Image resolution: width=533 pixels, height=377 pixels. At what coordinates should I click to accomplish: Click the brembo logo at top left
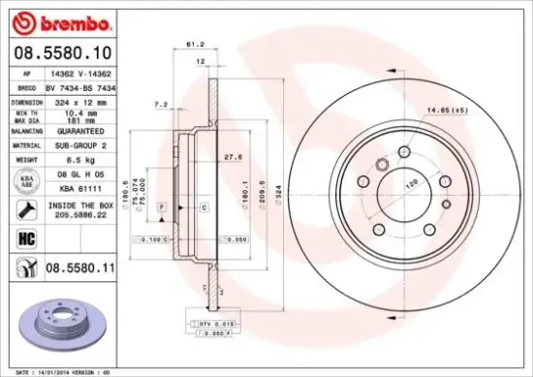(49, 20)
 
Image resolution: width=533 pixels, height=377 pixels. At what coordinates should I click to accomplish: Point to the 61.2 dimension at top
(194, 44)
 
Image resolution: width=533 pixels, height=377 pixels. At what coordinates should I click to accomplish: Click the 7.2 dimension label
(162, 104)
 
